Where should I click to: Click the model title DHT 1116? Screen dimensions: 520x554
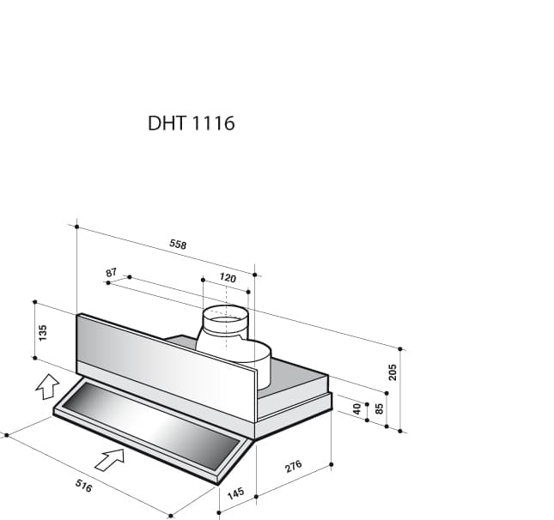point(192,124)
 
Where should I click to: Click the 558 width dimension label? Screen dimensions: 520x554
point(178,245)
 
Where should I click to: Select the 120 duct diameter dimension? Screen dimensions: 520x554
point(227,278)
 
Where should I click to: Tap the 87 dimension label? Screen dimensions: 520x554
point(111,273)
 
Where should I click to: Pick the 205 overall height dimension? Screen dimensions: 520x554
point(393,372)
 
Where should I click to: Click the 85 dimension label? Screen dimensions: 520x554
point(378,408)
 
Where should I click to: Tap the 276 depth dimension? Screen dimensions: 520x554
point(293,468)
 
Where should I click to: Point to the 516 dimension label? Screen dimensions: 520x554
point(83,487)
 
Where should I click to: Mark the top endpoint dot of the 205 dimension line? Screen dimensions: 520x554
point(401,349)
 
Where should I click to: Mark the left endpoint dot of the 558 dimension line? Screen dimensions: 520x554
point(76,227)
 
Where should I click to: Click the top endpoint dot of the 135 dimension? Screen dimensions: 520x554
point(34,302)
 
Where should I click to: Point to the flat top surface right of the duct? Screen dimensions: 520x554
point(296,369)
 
